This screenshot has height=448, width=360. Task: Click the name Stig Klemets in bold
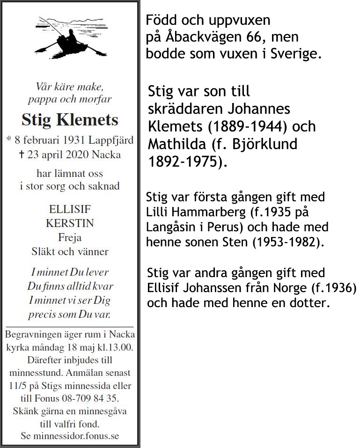[70, 120]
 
